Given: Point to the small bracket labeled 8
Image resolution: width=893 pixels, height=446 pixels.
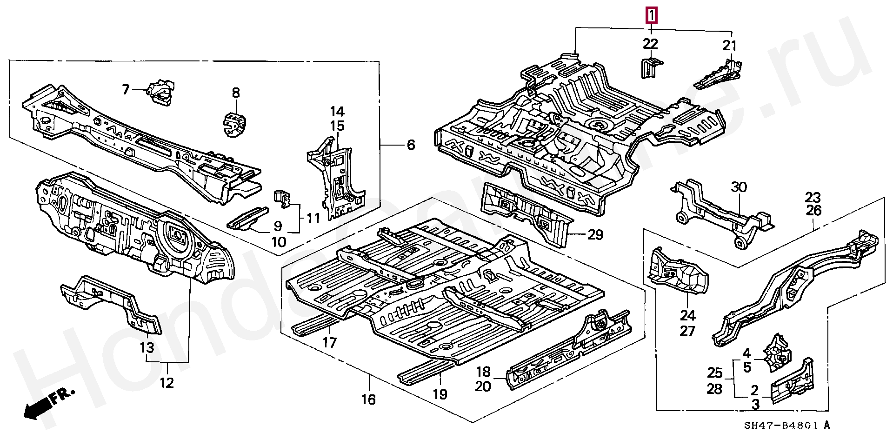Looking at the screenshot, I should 235,124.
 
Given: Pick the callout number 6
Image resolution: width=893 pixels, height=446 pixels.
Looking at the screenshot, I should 411,145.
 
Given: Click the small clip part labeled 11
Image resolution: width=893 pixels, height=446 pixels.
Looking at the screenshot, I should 283,198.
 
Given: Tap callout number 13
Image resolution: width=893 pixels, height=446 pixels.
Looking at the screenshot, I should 147,347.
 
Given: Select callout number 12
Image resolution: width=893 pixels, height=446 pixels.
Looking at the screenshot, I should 167,383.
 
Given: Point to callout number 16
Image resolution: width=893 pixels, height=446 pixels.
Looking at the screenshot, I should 368,399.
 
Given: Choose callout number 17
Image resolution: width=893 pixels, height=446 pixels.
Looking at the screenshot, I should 329,343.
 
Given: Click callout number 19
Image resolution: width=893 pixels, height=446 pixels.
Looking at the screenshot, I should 440,394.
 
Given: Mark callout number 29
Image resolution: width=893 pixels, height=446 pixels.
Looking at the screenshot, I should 595,235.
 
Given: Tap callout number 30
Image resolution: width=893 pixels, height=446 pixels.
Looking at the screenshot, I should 739,187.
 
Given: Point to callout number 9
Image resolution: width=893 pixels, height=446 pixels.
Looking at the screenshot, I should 278,226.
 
